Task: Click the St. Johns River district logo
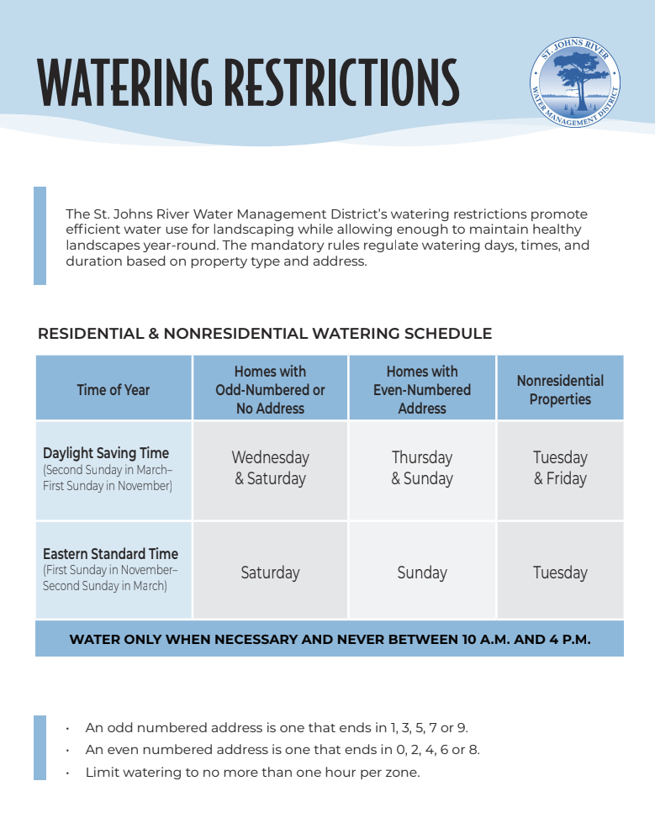point(576,84)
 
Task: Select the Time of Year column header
point(114,389)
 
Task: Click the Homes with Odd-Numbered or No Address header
point(270,389)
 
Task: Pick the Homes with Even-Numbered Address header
point(422,389)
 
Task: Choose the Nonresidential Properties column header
point(560,389)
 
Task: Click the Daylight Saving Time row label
point(106,454)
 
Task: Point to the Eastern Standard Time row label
point(110,554)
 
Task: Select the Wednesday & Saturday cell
point(270,468)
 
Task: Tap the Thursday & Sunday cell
point(422,468)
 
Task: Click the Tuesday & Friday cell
point(560,468)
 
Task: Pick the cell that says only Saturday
point(270,573)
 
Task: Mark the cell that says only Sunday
point(422,573)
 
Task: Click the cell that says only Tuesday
point(560,573)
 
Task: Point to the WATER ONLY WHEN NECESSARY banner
point(330,639)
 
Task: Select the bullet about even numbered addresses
point(283,750)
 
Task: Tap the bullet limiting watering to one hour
point(252,772)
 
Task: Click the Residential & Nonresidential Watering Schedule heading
point(265,334)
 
